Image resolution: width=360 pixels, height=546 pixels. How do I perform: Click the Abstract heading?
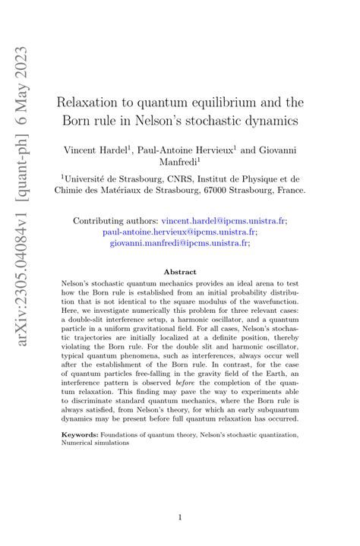[180, 272]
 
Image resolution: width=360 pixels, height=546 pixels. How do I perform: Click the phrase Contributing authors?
[115, 221]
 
